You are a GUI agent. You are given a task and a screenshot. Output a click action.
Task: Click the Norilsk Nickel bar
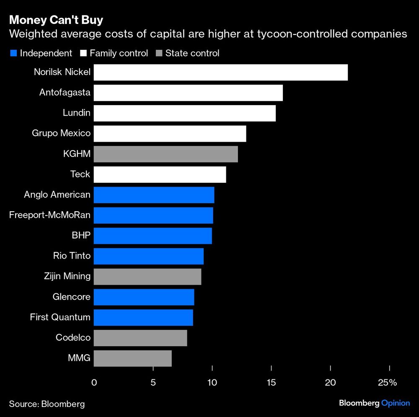click(220, 72)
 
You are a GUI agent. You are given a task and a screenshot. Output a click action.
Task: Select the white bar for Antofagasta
click(188, 93)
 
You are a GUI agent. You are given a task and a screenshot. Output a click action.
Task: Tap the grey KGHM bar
click(166, 154)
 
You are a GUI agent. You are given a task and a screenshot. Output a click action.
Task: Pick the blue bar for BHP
click(153, 236)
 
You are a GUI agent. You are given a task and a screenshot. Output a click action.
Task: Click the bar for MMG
click(132, 359)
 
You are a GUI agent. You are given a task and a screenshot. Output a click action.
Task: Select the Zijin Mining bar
click(147, 277)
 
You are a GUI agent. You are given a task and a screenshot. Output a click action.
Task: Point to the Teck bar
click(160, 174)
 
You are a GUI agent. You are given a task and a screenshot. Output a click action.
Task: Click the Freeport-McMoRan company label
click(49, 215)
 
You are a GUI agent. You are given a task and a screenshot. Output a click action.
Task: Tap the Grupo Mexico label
click(61, 133)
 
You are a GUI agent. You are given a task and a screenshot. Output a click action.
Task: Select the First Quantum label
click(60, 317)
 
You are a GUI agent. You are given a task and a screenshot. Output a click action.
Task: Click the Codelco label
click(73, 337)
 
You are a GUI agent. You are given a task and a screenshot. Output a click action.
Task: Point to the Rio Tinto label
click(72, 256)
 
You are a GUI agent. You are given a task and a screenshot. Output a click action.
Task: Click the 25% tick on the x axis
click(388, 383)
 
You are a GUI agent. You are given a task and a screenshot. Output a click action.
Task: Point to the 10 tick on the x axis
click(212, 383)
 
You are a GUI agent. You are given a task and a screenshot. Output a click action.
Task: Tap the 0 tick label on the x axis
click(94, 383)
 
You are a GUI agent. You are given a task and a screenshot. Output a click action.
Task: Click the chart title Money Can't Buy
click(56, 20)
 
